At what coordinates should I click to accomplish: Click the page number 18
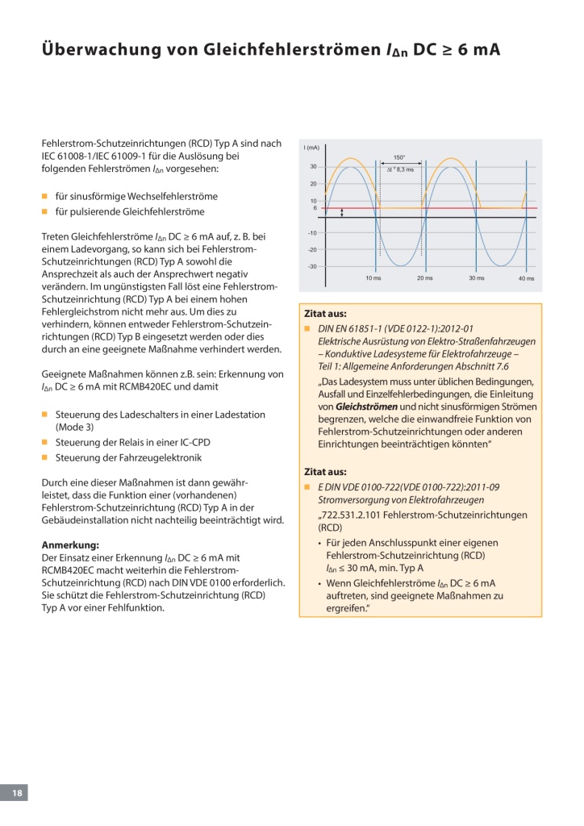tap(16, 794)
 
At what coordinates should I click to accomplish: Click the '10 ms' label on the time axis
tap(373, 278)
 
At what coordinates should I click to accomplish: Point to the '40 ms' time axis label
tap(526, 278)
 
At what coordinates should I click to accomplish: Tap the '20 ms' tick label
tap(424, 278)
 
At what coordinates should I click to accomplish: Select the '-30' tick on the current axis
tap(312, 266)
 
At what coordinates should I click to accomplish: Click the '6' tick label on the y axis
tap(315, 208)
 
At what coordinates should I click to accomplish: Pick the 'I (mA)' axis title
tap(312, 148)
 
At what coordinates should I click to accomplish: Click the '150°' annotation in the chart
tap(399, 158)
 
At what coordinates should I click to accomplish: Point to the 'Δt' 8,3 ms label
tap(400, 169)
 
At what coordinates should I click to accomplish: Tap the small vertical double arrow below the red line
tap(342, 213)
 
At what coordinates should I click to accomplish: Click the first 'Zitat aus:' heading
tap(325, 314)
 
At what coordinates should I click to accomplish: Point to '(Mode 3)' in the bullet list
tap(74, 427)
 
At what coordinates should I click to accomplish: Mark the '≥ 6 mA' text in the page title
tap(469, 50)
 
